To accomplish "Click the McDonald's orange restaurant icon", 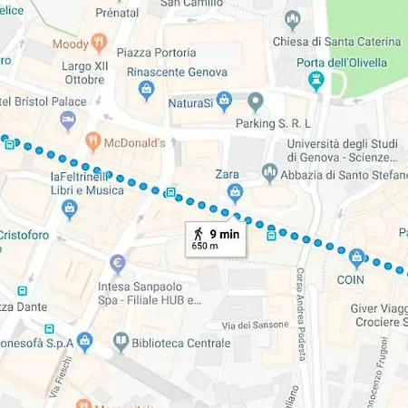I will pos(92,141).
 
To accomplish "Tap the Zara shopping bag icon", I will pos(235,191).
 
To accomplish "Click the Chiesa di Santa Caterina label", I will pos(348,42).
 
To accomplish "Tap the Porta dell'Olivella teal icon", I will pos(316,82).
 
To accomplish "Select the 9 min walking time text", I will pos(226,232).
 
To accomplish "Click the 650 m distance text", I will pos(205,245).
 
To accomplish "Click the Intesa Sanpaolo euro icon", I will pos(117,264).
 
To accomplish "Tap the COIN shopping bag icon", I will pos(357,260).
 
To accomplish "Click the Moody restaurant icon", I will pos(100,44).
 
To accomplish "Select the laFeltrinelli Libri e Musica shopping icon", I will pos(69,210).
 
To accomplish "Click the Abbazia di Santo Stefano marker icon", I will pos(269,171).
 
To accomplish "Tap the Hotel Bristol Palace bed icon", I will pos(67,120).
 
